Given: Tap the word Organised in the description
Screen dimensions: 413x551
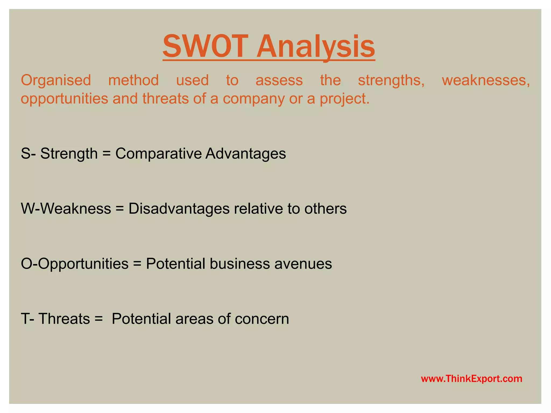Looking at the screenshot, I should coord(56,80).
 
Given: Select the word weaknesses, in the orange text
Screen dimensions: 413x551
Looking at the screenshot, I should coord(486,80).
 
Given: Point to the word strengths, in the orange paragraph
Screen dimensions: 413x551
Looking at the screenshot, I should coord(391,80).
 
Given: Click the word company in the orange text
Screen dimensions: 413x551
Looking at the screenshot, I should coord(253,99).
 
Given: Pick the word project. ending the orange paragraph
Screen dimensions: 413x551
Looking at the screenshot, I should coord(345,99).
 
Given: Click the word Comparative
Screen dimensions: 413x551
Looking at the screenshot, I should coord(158,154).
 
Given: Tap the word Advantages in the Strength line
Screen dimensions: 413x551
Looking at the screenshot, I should coord(245,154).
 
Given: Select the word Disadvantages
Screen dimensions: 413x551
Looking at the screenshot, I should coord(179,209).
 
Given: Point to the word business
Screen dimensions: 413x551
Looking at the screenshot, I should coord(240,264).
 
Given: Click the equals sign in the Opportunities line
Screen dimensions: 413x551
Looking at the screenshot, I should coord(137,264).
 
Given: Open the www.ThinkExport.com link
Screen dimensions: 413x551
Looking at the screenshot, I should coord(471,379).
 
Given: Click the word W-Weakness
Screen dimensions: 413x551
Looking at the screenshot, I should coord(66,209).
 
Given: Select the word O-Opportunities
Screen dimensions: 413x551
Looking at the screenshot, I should coord(75,264).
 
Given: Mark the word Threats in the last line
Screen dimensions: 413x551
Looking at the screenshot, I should coord(64,319).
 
